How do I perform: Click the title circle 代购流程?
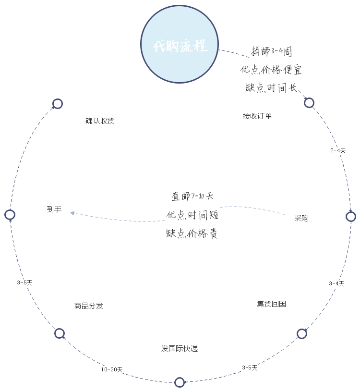coord(180,46)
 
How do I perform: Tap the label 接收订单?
coord(257,116)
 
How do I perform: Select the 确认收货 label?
coord(100,121)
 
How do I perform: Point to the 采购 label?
coord(301,219)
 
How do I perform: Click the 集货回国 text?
coord(271,304)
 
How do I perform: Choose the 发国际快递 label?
coord(180,349)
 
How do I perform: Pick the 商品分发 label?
coord(89,306)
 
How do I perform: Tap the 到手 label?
coord(54,209)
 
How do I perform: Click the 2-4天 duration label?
coord(338,151)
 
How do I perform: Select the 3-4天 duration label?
coord(336,283)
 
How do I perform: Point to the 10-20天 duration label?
coord(112,369)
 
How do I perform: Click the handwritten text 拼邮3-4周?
coord(271,51)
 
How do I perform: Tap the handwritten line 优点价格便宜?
coord(271,70)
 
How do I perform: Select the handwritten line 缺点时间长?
coord(271,88)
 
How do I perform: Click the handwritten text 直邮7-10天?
coord(192,196)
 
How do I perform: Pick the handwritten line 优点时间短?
coord(192,215)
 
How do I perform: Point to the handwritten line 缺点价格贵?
coord(192,233)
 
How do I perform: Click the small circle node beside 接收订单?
coord(309,103)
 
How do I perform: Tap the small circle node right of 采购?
coord(351,217)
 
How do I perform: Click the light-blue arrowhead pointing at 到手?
coord(72,213)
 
